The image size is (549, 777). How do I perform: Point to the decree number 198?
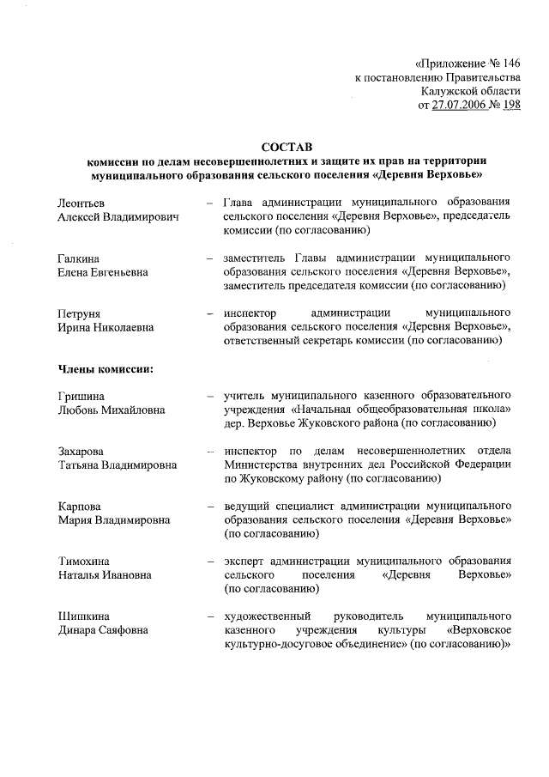coord(510,105)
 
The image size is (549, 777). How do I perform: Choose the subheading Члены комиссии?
coord(106,369)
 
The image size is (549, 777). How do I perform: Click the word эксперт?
coord(244,561)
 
